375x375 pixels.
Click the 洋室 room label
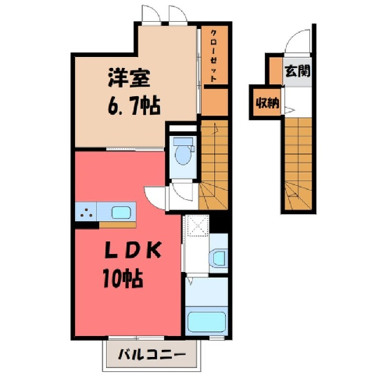(129, 78)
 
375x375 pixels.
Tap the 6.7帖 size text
(134, 106)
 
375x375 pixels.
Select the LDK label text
(133, 251)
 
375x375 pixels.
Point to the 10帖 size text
(123, 279)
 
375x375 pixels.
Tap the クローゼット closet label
(213, 55)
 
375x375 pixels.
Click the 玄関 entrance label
(298, 70)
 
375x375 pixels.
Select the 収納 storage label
(267, 104)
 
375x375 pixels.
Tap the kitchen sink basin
(121, 212)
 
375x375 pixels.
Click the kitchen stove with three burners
(86, 211)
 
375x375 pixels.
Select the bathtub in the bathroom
(206, 321)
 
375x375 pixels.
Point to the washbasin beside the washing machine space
(219, 258)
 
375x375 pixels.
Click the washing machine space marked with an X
(196, 226)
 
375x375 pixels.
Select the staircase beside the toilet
(213, 165)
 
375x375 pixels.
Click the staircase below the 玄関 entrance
(298, 163)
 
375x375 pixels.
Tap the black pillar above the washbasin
(219, 223)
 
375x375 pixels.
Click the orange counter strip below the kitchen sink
(117, 225)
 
